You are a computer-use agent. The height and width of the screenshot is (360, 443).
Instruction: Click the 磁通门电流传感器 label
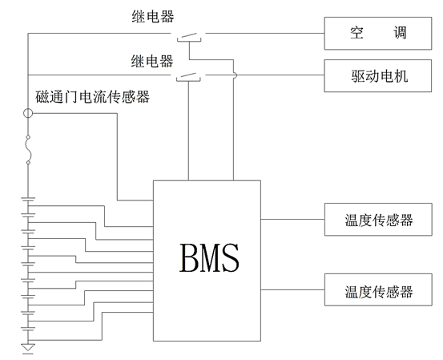93,98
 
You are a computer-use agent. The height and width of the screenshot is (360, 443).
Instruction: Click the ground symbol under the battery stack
29,347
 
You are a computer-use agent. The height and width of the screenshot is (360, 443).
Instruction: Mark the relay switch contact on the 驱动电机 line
189,77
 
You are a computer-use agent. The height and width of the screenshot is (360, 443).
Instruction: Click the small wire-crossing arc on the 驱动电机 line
234,77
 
